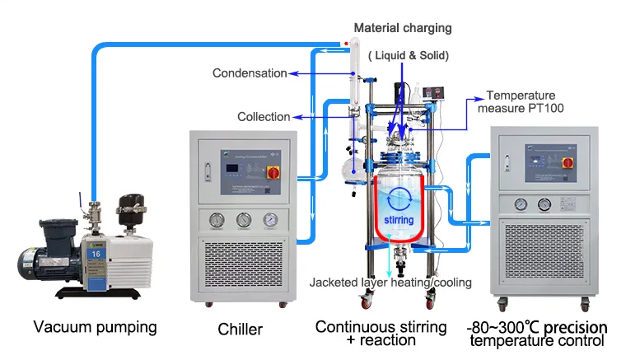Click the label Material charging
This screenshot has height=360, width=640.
403,28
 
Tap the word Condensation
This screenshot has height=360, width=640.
250,73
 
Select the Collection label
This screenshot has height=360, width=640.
264,117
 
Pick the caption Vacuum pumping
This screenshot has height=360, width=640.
95,327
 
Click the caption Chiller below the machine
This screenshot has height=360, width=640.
241,330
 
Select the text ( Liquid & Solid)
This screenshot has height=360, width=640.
408,55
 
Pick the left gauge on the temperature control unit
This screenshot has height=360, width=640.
521,204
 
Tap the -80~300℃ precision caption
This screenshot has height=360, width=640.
535,327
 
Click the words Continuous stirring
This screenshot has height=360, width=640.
381,327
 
